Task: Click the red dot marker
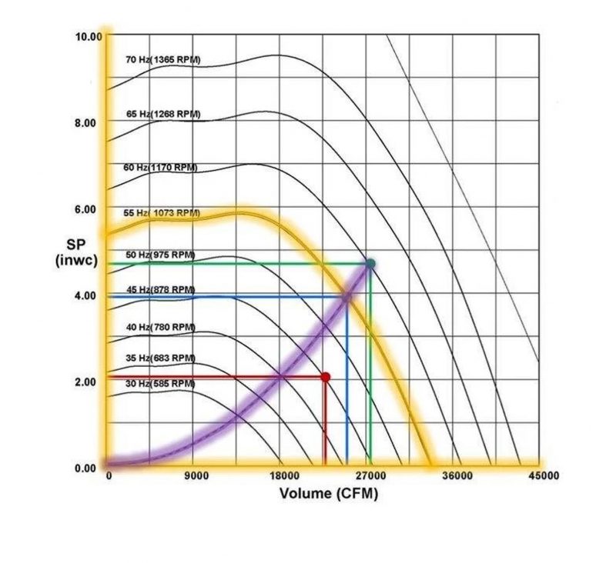(325, 377)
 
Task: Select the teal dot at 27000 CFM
(370, 264)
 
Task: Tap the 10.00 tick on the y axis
(87, 36)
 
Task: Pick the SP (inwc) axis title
(75, 252)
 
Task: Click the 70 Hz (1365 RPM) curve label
(162, 59)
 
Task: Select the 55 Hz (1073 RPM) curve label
(162, 213)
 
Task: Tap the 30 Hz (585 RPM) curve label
(160, 383)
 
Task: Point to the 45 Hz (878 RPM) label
(160, 290)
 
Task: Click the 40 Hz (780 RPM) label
(160, 327)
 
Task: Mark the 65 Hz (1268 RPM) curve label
(162, 114)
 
